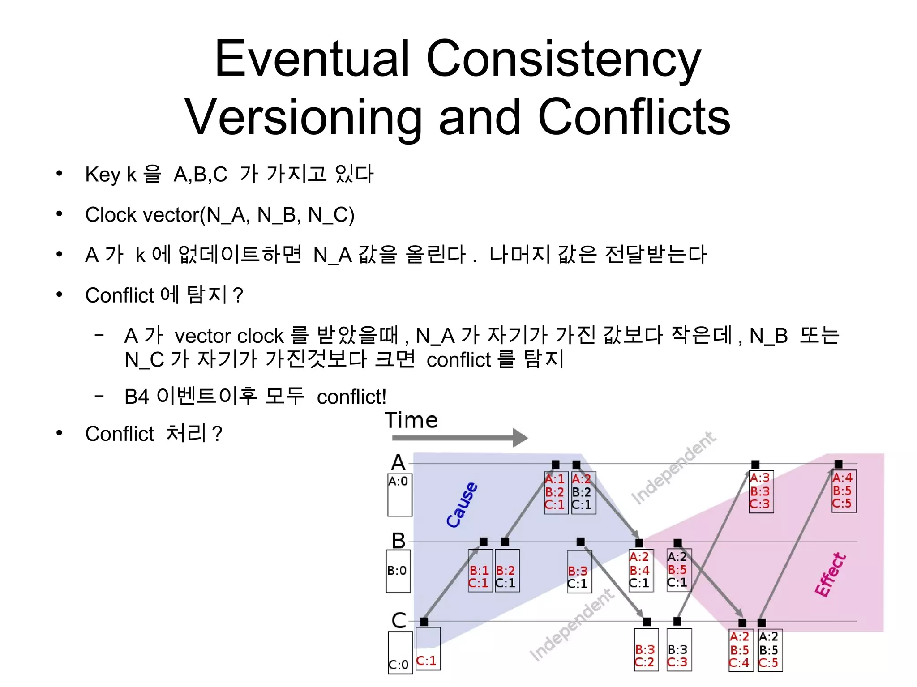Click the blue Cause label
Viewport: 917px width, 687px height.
[x=462, y=504]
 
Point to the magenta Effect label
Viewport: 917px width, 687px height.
[x=831, y=575]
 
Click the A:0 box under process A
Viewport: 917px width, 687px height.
[x=399, y=495]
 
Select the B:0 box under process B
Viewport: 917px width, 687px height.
[x=398, y=571]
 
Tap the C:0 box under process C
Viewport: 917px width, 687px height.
[x=400, y=652]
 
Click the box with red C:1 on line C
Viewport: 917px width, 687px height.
[x=428, y=649]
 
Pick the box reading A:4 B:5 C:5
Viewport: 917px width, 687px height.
[x=844, y=491]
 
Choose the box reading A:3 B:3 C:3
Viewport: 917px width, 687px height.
[x=761, y=491]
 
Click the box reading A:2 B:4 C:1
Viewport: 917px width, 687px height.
[x=640, y=571]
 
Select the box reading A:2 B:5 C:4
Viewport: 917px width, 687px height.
[x=740, y=650]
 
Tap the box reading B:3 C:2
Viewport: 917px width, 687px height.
[x=646, y=650]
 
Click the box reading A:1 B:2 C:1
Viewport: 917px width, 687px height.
[x=556, y=492]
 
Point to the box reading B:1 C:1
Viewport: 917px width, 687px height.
[x=480, y=571]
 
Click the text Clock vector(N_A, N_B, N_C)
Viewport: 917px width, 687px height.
[x=220, y=215]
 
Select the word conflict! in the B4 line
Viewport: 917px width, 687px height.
[x=351, y=397]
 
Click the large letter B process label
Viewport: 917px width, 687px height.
[x=399, y=541]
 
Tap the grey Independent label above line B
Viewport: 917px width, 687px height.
[x=673, y=468]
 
